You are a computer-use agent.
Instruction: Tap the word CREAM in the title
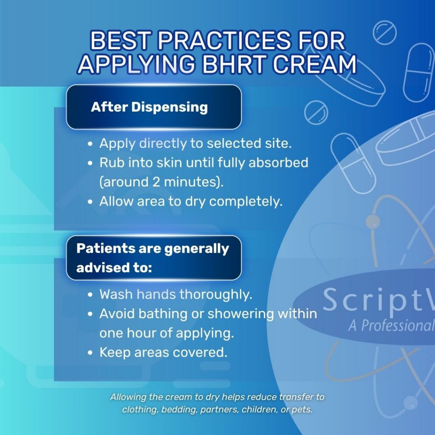coord(314,65)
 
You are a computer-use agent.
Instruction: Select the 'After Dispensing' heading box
coord(154,107)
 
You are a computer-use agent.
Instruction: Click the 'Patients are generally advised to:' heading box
coord(154,258)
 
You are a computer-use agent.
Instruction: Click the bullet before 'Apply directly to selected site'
coord(90,144)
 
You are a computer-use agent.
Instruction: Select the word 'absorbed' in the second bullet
coord(282,163)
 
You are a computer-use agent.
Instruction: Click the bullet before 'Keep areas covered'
coord(90,353)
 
